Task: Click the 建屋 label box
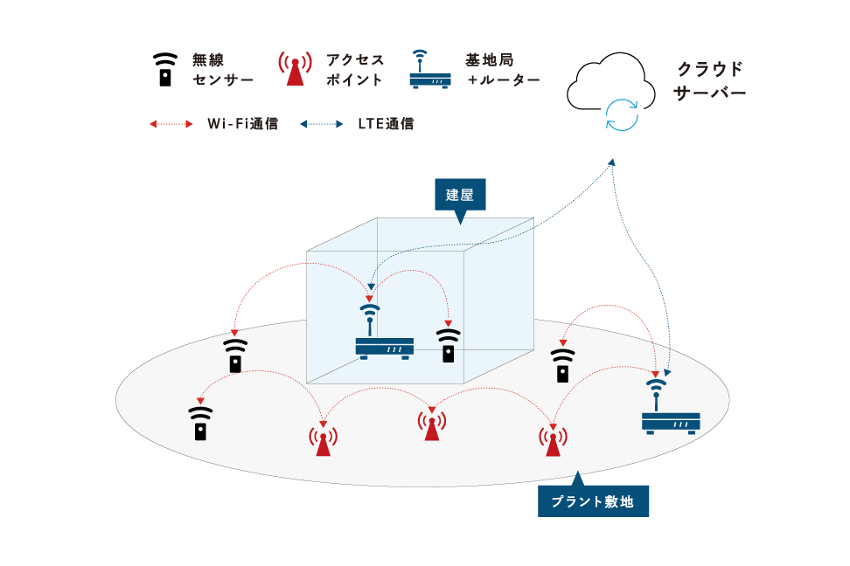pyautogui.click(x=459, y=195)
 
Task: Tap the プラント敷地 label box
pyautogui.click(x=593, y=501)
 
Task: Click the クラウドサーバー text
pyautogui.click(x=710, y=79)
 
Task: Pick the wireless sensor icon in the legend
pyautogui.click(x=164, y=70)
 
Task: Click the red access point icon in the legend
pyautogui.click(x=296, y=70)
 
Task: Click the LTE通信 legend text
pyautogui.click(x=386, y=124)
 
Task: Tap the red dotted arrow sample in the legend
pyautogui.click(x=171, y=124)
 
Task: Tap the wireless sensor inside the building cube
pyautogui.click(x=448, y=346)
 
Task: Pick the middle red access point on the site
pyautogui.click(x=431, y=424)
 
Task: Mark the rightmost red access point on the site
pyautogui.click(x=551, y=439)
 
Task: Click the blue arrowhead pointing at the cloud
pyautogui.click(x=612, y=162)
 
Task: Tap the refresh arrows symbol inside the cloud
pyautogui.click(x=623, y=114)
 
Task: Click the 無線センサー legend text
pyautogui.click(x=222, y=70)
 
